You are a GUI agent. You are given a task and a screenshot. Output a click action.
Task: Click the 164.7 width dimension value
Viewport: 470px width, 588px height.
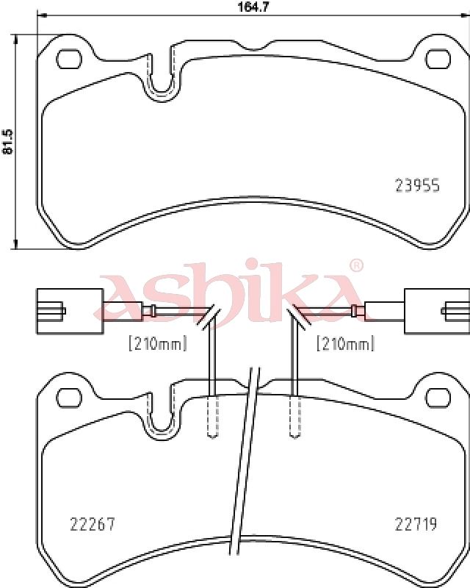click(x=254, y=7)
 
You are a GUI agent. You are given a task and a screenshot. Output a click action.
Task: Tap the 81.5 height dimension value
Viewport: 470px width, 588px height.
click(x=8, y=141)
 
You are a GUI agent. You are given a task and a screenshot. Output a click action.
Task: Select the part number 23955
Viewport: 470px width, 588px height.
click(x=417, y=185)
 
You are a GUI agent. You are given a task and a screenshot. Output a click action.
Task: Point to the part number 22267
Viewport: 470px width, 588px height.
click(x=93, y=524)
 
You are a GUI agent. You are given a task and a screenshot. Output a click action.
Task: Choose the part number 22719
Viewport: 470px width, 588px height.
click(x=416, y=524)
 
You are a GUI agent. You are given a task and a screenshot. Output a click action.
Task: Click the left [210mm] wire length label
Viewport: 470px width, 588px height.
click(x=157, y=343)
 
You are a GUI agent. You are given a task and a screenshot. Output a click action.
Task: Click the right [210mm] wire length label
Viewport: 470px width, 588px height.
click(x=346, y=343)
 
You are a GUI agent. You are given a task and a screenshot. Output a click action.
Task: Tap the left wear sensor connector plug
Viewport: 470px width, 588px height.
click(x=70, y=310)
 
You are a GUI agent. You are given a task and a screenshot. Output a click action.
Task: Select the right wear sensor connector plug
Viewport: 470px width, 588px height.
click(x=437, y=310)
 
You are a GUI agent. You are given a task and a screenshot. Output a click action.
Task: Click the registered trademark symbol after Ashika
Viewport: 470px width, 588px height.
click(x=356, y=265)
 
